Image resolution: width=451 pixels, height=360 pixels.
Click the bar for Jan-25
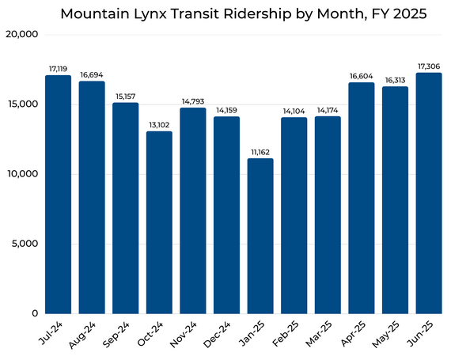click(260, 236)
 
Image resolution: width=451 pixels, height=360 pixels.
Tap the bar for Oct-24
click(159, 222)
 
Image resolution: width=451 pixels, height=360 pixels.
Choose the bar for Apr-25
click(362, 198)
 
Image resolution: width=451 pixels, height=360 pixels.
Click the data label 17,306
click(428, 66)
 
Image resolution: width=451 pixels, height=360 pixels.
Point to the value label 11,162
click(260, 151)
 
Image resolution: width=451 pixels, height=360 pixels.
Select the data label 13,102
click(159, 124)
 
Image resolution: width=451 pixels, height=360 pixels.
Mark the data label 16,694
click(92, 74)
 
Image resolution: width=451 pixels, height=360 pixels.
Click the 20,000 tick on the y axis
click(21, 35)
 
